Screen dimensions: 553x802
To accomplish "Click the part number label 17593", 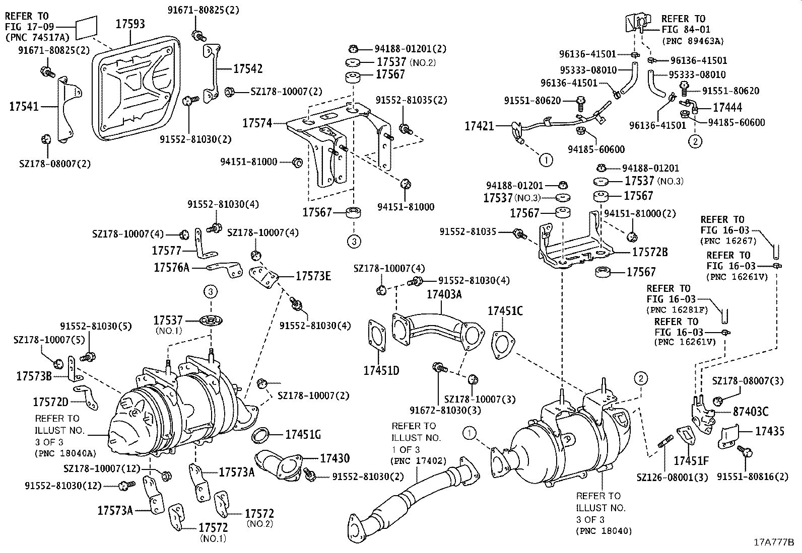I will pos(130,23).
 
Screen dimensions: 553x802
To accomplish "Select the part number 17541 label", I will pos(24,106).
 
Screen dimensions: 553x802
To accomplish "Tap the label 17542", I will pos(247,69).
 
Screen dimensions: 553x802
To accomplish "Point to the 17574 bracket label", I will pos(257,122).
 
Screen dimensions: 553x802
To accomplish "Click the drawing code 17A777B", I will pos(773,542).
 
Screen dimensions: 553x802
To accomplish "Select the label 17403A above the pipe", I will pos(444,294).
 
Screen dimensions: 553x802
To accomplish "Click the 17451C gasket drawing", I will pos(500,345).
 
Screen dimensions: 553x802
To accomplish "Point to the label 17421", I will pos(479,126).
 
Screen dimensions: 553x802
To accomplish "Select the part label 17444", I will pos(727,107).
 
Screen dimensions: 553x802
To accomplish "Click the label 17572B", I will pos(650,252).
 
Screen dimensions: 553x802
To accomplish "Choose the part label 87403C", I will pos(747,412).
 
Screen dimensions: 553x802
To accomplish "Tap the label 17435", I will pos(769,431).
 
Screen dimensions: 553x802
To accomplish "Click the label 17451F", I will pos(691,460).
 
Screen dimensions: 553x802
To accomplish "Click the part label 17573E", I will pos(313,276).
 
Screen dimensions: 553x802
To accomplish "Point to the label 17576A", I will pos(171,268).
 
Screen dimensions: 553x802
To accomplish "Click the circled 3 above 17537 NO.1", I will pos(211,291).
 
